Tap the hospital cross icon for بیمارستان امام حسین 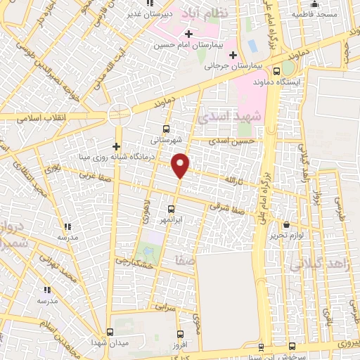click(188, 33)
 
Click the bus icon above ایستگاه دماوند click(276, 71)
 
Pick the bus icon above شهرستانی click(166, 129)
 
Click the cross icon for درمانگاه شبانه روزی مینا click(117, 146)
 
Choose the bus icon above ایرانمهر click(171, 209)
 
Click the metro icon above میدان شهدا click(109, 331)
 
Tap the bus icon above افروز click(181, 334)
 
